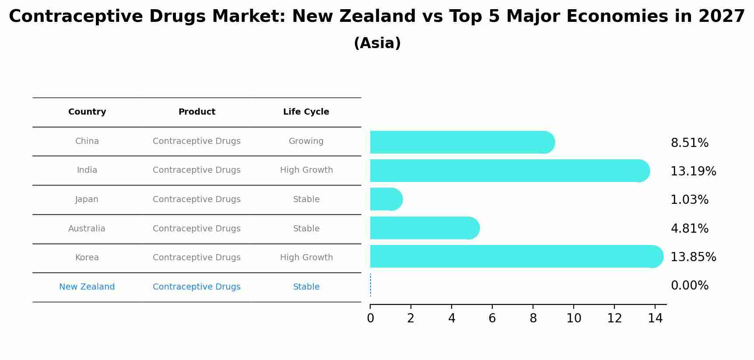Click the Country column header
click(x=87, y=112)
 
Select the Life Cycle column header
click(x=306, y=112)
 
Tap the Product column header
click(x=196, y=112)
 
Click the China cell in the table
click(x=87, y=141)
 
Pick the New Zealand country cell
click(x=87, y=287)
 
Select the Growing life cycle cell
click(x=306, y=141)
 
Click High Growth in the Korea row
click(x=306, y=258)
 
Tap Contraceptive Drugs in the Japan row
click(x=196, y=199)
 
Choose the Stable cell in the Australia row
click(x=306, y=229)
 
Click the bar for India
click(x=508, y=171)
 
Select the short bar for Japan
click(x=386, y=199)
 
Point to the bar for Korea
click(x=514, y=256)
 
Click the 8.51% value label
click(x=689, y=143)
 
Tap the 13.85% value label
click(x=693, y=257)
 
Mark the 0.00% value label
click(x=689, y=286)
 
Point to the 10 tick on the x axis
click(x=574, y=318)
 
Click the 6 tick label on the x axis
click(x=492, y=318)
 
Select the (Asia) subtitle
click(x=377, y=43)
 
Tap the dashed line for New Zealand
click(x=371, y=285)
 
